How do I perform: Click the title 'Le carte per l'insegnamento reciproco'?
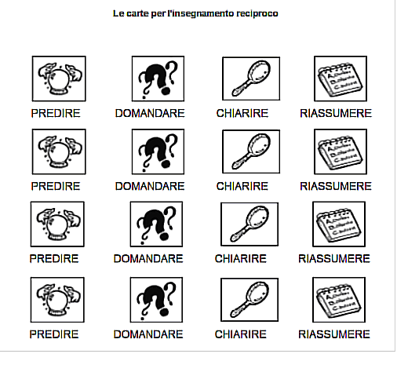tap(195, 13)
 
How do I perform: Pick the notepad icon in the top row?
tap(341, 78)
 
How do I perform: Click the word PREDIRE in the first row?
tap(56, 113)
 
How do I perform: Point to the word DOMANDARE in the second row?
tap(150, 186)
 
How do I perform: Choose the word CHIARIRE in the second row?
tap(242, 186)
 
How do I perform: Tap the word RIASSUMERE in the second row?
tap(335, 186)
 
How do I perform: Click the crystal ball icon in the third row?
tap(57, 225)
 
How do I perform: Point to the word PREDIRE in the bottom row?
tap(54, 334)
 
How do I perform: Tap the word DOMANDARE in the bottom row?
tap(148, 334)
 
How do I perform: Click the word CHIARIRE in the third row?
tap(241, 258)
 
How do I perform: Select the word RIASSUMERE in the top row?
tap(335, 113)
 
